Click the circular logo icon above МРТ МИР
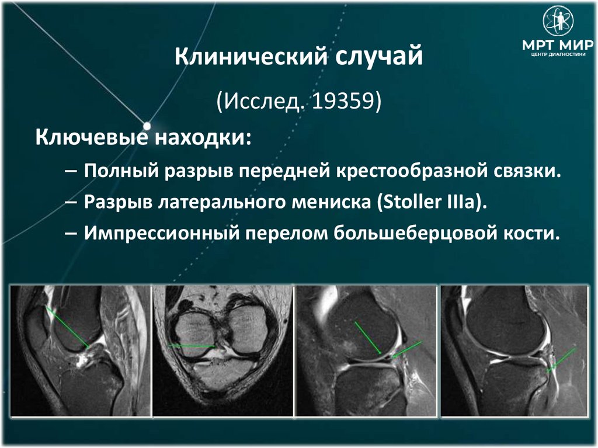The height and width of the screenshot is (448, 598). (x=558, y=20)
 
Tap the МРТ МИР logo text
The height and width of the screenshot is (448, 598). (x=558, y=46)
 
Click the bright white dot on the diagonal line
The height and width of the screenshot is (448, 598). (x=147, y=126)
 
